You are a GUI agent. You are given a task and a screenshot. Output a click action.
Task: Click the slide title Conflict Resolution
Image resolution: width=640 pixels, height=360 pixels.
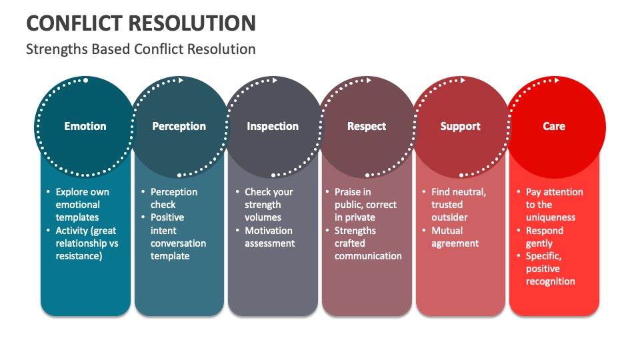click(141, 23)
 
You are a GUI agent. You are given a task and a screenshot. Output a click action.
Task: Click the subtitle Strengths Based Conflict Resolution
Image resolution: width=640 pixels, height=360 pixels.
click(141, 49)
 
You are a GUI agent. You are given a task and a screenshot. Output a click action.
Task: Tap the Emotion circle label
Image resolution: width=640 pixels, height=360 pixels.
click(85, 126)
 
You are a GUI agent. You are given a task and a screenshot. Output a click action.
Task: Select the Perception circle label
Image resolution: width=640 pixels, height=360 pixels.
click(179, 126)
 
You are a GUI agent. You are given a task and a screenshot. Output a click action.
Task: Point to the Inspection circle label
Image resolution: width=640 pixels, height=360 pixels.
click(273, 126)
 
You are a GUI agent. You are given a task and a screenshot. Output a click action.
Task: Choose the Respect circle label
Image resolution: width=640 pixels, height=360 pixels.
click(367, 126)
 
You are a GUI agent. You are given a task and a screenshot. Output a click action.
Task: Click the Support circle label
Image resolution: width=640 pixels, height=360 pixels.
click(460, 126)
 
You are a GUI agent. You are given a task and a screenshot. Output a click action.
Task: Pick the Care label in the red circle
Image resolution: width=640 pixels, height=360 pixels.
click(554, 126)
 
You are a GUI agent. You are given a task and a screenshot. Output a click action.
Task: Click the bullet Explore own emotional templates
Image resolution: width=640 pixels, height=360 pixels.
click(82, 205)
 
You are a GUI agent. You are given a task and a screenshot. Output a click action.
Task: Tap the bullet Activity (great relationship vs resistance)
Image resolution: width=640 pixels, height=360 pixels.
click(87, 243)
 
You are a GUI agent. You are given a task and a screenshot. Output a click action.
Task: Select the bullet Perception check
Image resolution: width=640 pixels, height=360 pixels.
click(173, 198)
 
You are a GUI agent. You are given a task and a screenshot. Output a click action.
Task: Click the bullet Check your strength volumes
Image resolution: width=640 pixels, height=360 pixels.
click(268, 205)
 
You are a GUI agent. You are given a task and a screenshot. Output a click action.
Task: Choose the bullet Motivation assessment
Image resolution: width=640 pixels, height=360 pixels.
click(269, 237)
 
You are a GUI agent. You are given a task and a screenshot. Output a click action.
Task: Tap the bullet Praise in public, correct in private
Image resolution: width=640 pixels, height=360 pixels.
click(365, 205)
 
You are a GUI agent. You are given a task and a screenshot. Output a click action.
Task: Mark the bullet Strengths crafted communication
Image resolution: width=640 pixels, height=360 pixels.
click(367, 243)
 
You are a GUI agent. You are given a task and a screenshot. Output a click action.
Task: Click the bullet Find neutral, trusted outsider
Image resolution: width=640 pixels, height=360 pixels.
click(458, 205)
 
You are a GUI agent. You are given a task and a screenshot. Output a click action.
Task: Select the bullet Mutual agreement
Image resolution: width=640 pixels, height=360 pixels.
click(455, 237)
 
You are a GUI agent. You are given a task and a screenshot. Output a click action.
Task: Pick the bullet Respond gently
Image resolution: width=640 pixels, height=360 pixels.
click(545, 237)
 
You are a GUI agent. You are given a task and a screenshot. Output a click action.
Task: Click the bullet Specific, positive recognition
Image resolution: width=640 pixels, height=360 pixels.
click(550, 269)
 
